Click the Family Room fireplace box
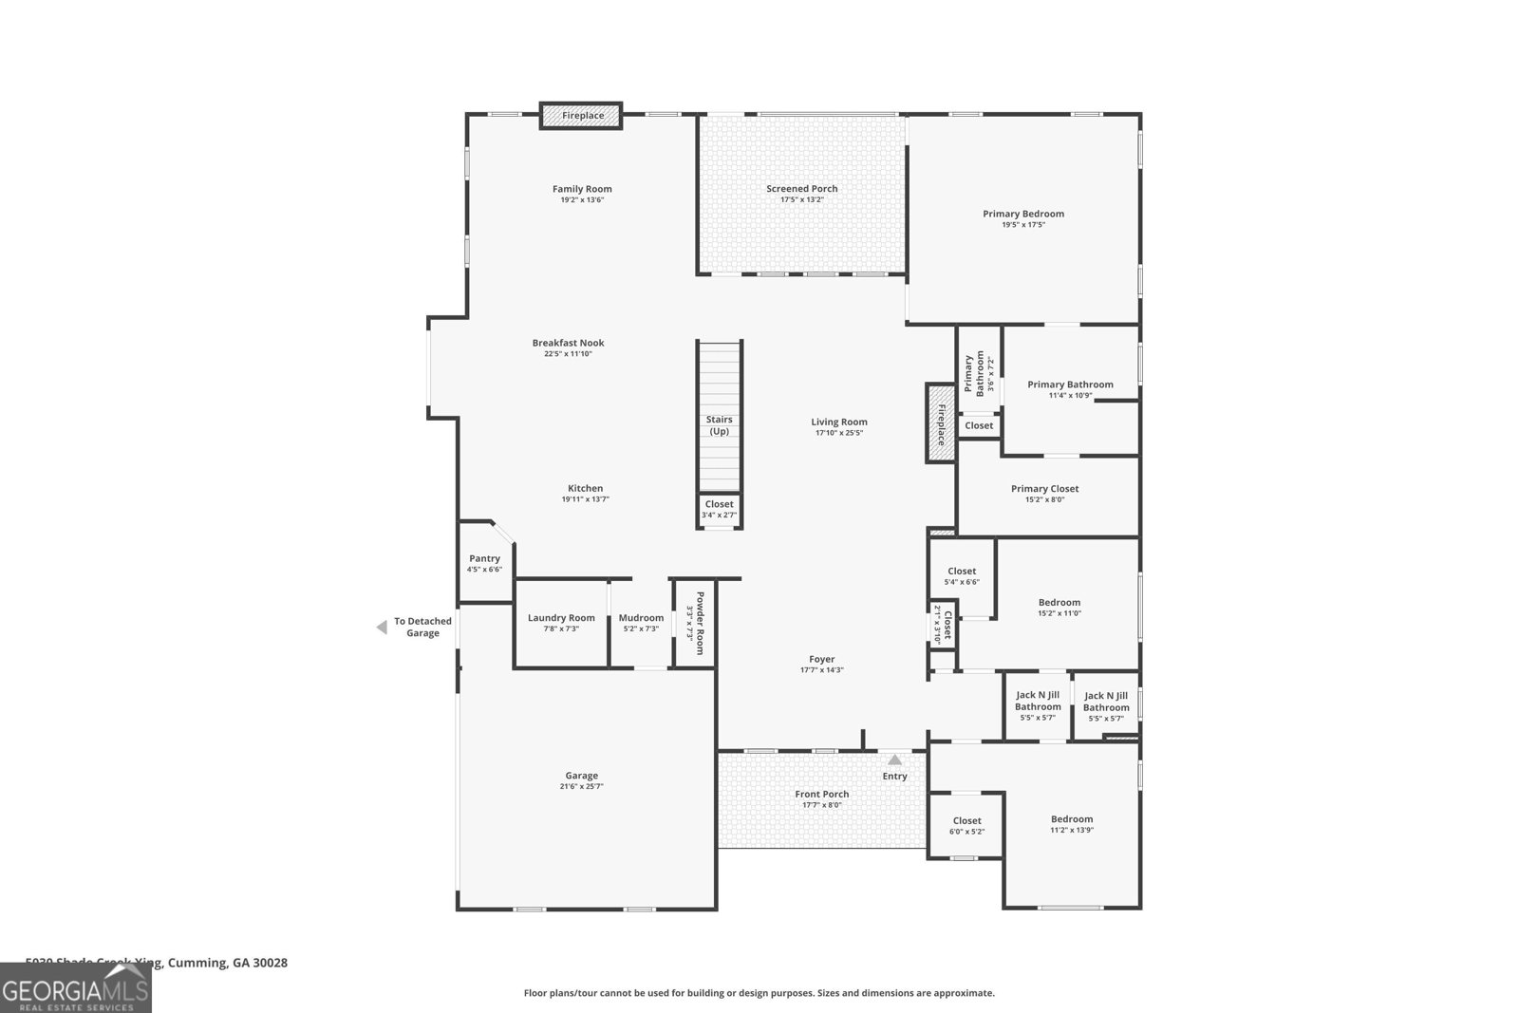pos(581,116)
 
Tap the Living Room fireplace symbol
pos(941,423)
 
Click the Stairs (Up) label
pos(719,425)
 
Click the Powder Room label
pos(700,623)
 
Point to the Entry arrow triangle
pos(894,760)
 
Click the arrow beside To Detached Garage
pos(382,627)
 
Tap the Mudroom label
pos(641,618)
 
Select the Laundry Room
pos(561,623)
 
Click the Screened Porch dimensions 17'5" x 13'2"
pos(801,200)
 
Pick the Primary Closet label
pos(1044,489)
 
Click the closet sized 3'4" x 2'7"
pos(719,510)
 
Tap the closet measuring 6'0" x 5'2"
pos(966,825)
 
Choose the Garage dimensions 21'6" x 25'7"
pos(581,786)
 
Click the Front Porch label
pos(821,794)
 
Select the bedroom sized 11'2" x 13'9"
pos(1071,824)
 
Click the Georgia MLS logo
pos(75,988)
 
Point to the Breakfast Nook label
pos(568,343)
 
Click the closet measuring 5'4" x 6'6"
pos(961,576)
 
